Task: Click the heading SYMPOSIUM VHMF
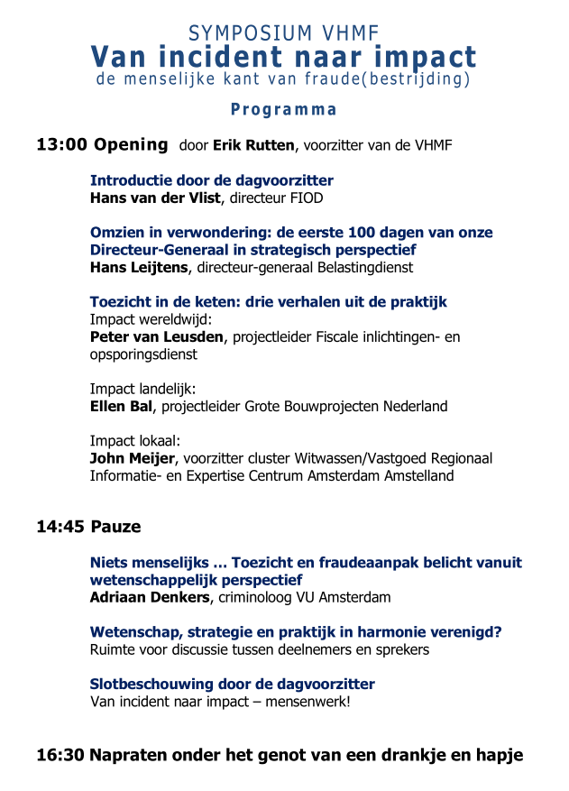pos(283,34)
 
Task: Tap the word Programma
pos(283,110)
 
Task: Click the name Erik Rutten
pos(253,146)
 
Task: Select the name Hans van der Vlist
pos(155,198)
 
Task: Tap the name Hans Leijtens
pos(140,267)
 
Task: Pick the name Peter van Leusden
pos(156,337)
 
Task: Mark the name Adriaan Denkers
pos(150,597)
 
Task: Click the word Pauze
pos(115,527)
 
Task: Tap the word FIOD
pos(306,198)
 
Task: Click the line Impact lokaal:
pos(135,441)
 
